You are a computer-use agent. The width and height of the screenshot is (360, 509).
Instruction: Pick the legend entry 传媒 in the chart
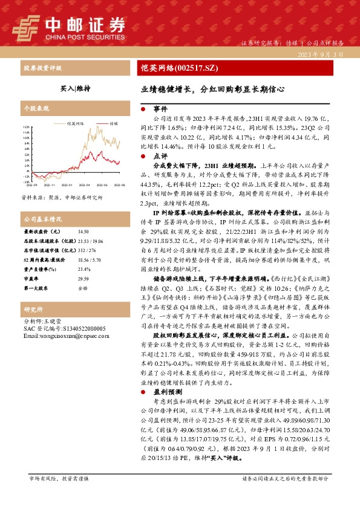(113, 123)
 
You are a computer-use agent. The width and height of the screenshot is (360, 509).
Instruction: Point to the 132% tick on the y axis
(26, 128)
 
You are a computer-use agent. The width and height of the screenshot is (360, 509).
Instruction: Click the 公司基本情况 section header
(42, 218)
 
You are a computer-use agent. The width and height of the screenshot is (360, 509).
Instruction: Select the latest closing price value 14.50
(83, 232)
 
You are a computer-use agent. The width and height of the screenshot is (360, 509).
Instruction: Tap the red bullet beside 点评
(143, 155)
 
